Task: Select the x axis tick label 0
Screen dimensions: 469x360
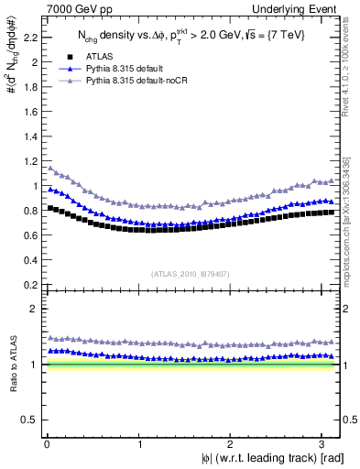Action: tap(46, 444)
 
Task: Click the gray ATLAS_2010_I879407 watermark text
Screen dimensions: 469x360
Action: tap(191, 272)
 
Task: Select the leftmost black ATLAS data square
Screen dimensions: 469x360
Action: tap(49, 208)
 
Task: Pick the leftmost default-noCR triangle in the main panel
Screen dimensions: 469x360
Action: tap(49, 168)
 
